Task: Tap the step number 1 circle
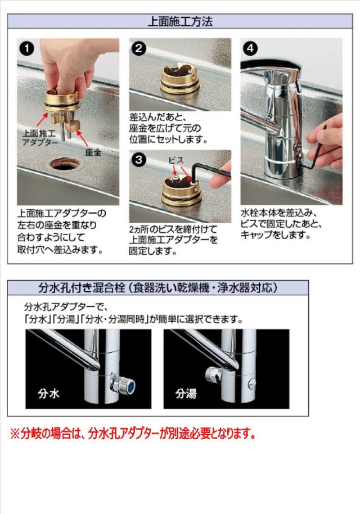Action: [26, 48]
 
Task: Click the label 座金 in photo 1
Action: [93, 152]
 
